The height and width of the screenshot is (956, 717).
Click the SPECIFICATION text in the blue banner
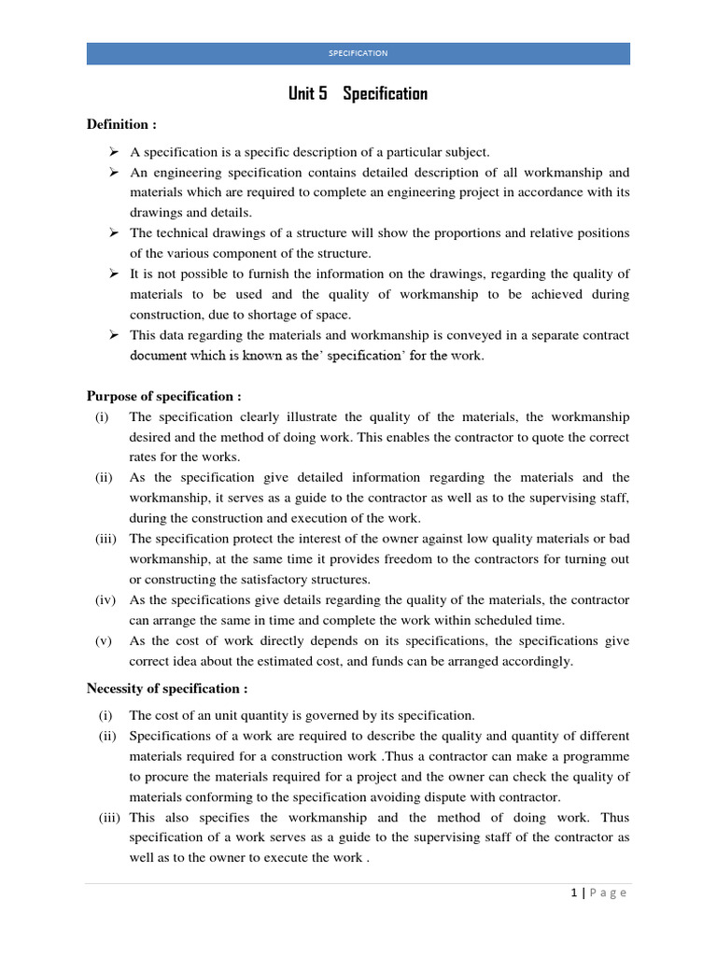(358, 53)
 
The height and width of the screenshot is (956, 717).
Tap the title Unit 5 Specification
(358, 94)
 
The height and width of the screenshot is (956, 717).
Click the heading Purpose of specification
(164, 396)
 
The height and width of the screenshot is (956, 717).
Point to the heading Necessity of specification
(167, 689)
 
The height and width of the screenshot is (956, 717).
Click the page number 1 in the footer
(574, 893)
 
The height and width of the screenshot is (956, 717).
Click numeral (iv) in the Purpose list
(105, 600)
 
